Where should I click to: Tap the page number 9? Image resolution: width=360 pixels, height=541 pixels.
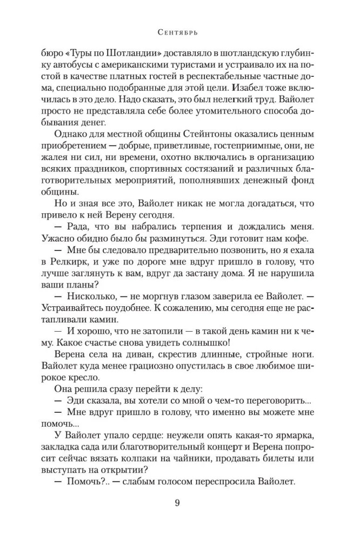pos(178,503)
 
